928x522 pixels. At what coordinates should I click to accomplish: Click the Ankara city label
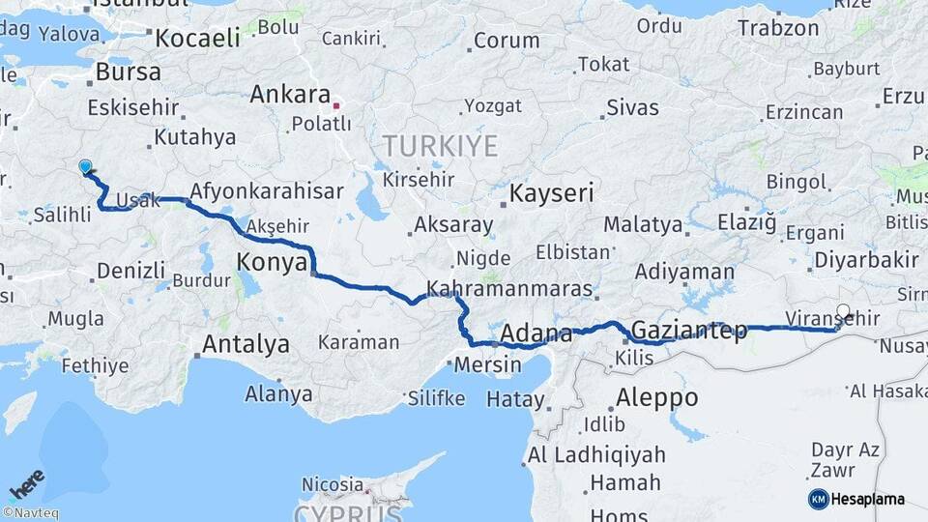coord(290,95)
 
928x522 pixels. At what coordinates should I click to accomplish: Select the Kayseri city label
coord(550,193)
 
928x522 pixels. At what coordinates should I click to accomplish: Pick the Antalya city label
coord(246,344)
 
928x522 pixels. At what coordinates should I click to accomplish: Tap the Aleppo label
coord(657,397)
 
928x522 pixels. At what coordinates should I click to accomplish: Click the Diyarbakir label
coord(866,260)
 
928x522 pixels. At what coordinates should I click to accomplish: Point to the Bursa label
coord(128,72)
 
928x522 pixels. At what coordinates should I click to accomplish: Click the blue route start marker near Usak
coord(85,167)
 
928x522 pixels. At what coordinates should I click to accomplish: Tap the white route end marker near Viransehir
coord(843,312)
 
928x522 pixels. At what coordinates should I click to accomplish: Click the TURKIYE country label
coord(440,147)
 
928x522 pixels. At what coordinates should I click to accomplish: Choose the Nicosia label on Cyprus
coord(332,483)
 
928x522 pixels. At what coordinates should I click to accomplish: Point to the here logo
coord(27,484)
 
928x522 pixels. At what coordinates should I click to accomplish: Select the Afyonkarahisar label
coord(266,191)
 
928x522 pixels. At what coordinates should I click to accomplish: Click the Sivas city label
coord(632,107)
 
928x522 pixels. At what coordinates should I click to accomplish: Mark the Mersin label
coord(479,366)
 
